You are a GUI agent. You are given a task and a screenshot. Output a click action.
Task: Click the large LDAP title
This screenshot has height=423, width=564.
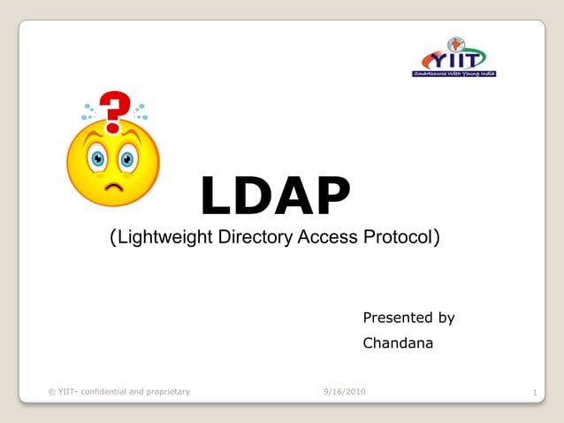275,196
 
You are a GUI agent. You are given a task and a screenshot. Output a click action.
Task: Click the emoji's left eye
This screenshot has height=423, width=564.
97,159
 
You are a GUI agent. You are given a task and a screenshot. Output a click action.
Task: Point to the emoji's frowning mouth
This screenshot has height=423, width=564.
114,188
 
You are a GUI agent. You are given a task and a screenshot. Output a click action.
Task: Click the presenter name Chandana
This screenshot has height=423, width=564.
398,342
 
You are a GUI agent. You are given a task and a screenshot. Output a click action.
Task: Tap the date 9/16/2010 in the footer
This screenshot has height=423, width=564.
345,391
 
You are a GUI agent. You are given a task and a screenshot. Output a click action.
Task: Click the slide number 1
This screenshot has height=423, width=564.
536,392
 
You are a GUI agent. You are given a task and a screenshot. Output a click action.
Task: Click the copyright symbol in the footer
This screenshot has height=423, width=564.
50,391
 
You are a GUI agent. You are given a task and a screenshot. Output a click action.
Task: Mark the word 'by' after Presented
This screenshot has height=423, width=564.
446,318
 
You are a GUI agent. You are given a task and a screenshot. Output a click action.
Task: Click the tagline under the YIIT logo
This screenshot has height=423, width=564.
454,74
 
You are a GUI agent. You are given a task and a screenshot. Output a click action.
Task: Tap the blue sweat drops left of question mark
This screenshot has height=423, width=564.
88,112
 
